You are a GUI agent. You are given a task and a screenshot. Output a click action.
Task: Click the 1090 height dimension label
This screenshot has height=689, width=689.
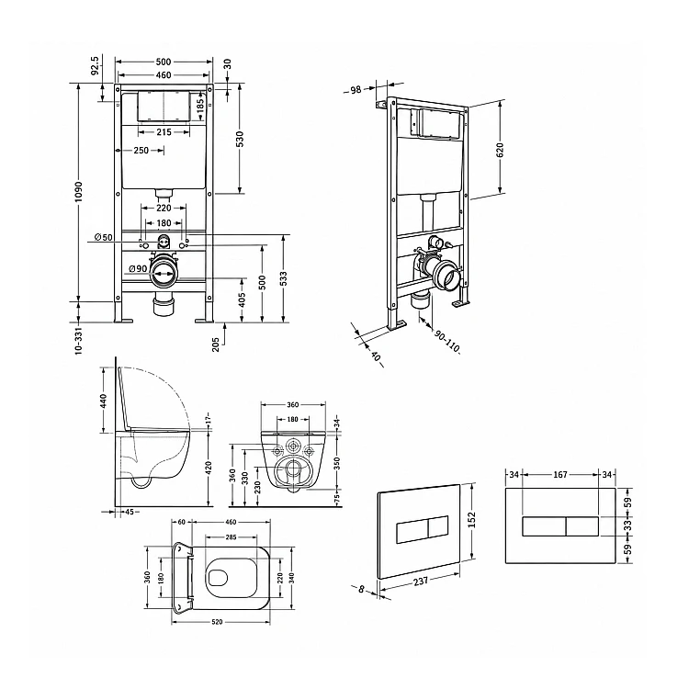[78, 192]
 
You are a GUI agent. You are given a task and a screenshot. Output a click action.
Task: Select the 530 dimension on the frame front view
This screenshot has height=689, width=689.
[240, 139]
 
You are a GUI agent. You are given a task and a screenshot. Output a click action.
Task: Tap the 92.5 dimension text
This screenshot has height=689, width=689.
[96, 65]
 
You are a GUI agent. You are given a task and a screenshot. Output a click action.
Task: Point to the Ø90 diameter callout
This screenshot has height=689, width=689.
[138, 269]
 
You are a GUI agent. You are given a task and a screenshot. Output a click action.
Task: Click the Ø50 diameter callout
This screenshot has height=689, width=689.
[104, 237]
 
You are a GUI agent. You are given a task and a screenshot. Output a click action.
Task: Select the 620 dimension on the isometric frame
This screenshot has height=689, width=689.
[500, 150]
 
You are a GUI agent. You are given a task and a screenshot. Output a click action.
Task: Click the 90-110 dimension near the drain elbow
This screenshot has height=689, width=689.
[446, 342]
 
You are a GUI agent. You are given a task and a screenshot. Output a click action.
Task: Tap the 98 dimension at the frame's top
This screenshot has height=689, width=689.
[356, 90]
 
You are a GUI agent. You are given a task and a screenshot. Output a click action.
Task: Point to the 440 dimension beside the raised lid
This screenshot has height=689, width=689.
[103, 401]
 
